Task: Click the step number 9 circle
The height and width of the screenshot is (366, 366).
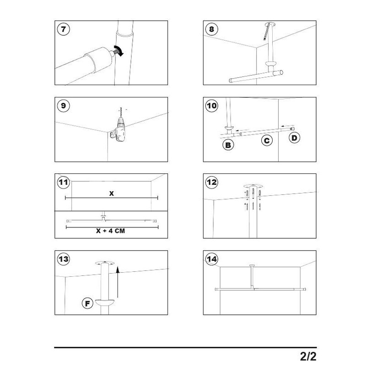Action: (x=63, y=106)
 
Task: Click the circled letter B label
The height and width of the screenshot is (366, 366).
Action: (x=227, y=146)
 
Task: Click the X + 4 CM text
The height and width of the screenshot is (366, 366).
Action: (x=112, y=231)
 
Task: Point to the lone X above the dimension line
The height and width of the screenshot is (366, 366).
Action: (x=111, y=193)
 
